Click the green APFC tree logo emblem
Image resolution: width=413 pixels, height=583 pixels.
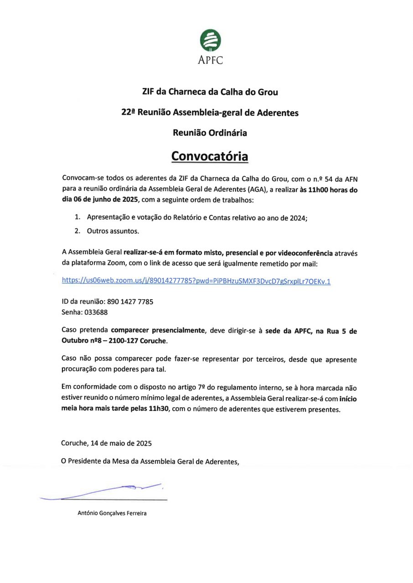tap(210, 41)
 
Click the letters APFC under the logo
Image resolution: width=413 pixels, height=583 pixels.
tap(210, 60)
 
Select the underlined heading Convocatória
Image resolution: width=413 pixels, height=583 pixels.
tap(210, 156)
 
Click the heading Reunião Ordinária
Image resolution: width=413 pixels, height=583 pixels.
tap(210, 133)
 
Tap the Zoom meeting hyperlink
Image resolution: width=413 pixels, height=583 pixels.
tap(196, 281)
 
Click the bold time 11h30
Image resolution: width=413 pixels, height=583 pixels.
tap(160, 409)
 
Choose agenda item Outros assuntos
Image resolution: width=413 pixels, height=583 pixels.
tap(113, 231)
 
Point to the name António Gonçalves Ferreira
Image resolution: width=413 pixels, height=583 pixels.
tap(112, 514)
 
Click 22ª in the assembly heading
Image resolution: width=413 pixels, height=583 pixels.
tap(127, 113)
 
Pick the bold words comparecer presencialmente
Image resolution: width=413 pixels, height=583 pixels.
tap(158, 331)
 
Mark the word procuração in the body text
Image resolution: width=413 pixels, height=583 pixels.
tap(80, 369)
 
